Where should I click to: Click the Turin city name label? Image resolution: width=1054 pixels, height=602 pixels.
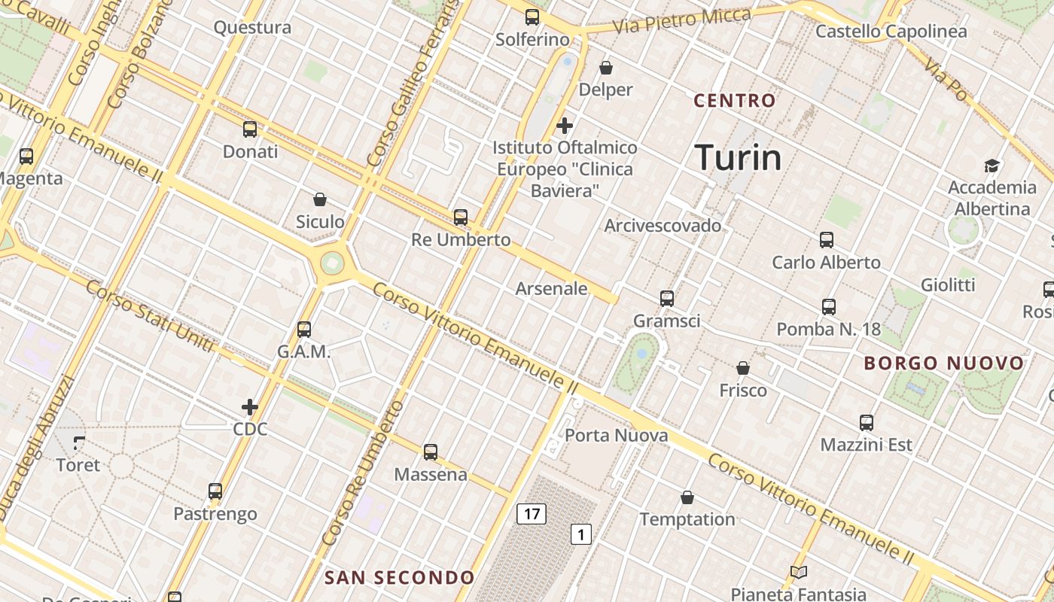pyautogui.click(x=738, y=158)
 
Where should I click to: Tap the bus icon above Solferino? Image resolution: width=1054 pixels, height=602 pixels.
pyautogui.click(x=532, y=17)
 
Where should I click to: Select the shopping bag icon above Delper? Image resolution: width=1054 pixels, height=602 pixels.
pyautogui.click(x=606, y=68)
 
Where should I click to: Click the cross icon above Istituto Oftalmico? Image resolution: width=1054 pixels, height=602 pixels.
pyautogui.click(x=565, y=126)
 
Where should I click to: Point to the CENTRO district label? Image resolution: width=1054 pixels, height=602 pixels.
pyautogui.click(x=735, y=101)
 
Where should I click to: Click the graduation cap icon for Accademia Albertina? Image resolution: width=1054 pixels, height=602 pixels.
pyautogui.click(x=992, y=166)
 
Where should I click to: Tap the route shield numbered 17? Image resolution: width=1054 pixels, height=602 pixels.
pyautogui.click(x=532, y=514)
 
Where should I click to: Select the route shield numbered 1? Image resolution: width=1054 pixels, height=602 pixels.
pyautogui.click(x=580, y=534)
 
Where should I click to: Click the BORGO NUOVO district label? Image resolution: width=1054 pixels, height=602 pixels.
pyautogui.click(x=944, y=363)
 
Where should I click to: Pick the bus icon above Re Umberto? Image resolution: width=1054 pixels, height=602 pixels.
pyautogui.click(x=461, y=217)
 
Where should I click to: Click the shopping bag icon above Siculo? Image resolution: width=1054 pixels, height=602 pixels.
pyautogui.click(x=320, y=199)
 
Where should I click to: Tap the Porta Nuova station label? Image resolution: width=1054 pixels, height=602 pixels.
pyautogui.click(x=616, y=436)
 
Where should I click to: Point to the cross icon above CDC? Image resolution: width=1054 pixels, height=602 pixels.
pyautogui.click(x=250, y=407)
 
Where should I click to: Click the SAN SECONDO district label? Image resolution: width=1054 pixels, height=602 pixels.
pyautogui.click(x=399, y=578)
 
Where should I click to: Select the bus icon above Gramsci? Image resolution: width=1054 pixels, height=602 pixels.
pyautogui.click(x=667, y=299)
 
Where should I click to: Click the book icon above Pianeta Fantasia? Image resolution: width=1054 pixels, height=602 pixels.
pyautogui.click(x=799, y=573)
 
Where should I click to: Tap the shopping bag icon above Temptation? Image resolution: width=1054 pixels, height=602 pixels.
pyautogui.click(x=687, y=497)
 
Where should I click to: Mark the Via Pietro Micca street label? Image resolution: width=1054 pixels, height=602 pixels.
pyautogui.click(x=681, y=21)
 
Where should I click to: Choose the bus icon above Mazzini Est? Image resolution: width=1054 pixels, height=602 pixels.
pyautogui.click(x=867, y=423)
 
